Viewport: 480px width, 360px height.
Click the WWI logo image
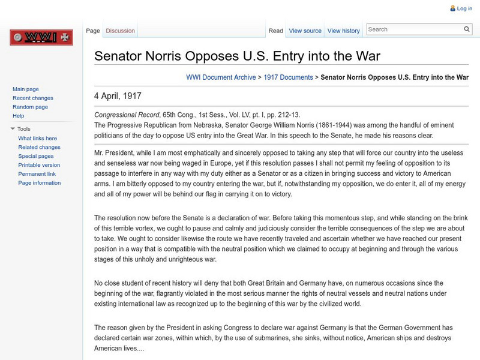pyautogui.click(x=41, y=38)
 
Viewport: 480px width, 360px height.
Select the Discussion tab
pyautogui.click(x=120, y=31)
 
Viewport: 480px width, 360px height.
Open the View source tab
pyautogui.click(x=305, y=31)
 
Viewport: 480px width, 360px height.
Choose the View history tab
pyautogui.click(x=344, y=31)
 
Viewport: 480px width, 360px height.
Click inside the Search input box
pyautogui.click(x=414, y=29)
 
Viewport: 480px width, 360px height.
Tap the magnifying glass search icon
pyautogui.click(x=467, y=29)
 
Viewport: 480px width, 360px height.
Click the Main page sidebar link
pyautogui.click(x=26, y=89)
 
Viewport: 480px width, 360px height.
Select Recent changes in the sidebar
pyautogui.click(x=33, y=98)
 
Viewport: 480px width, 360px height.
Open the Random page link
pyautogui.click(x=30, y=107)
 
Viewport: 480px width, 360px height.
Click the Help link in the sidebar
pyautogui.click(x=19, y=116)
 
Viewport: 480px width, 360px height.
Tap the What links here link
pyautogui.click(x=38, y=138)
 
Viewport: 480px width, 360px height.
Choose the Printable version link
pyautogui.click(x=39, y=165)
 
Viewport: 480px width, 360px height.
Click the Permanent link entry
pyautogui.click(x=37, y=174)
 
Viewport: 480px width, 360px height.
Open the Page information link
pyautogui.click(x=39, y=183)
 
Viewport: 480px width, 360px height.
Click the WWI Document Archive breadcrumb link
pyautogui.click(x=221, y=77)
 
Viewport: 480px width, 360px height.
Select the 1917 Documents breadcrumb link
pyautogui.click(x=289, y=77)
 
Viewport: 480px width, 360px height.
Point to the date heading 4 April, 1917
pyautogui.click(x=118, y=96)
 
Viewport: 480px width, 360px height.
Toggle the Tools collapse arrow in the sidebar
pyautogui.click(x=13, y=129)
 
